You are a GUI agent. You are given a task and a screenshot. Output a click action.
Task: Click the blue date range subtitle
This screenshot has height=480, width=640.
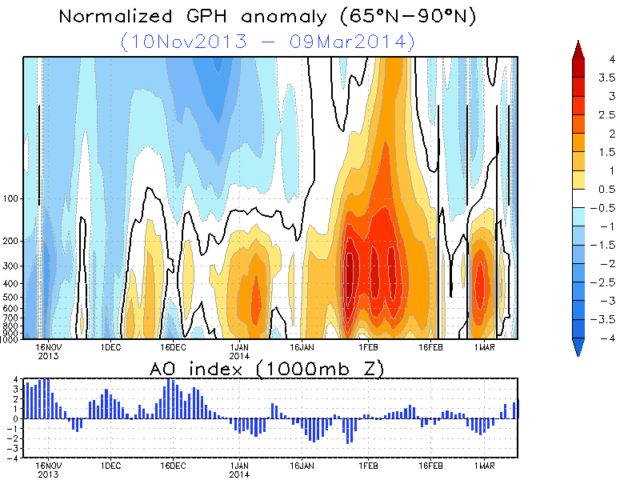pyautogui.click(x=269, y=41)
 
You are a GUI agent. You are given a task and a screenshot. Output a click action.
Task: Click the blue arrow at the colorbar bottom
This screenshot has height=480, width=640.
pyautogui.click(x=580, y=346)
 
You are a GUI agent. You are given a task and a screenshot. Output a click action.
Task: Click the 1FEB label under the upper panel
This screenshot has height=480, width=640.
pyautogui.click(x=367, y=348)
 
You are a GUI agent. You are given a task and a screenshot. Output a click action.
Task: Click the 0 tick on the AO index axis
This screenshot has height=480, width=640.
pyautogui.click(x=16, y=418)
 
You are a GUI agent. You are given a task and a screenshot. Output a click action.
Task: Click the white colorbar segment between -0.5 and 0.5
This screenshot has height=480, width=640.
pyautogui.click(x=580, y=198)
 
